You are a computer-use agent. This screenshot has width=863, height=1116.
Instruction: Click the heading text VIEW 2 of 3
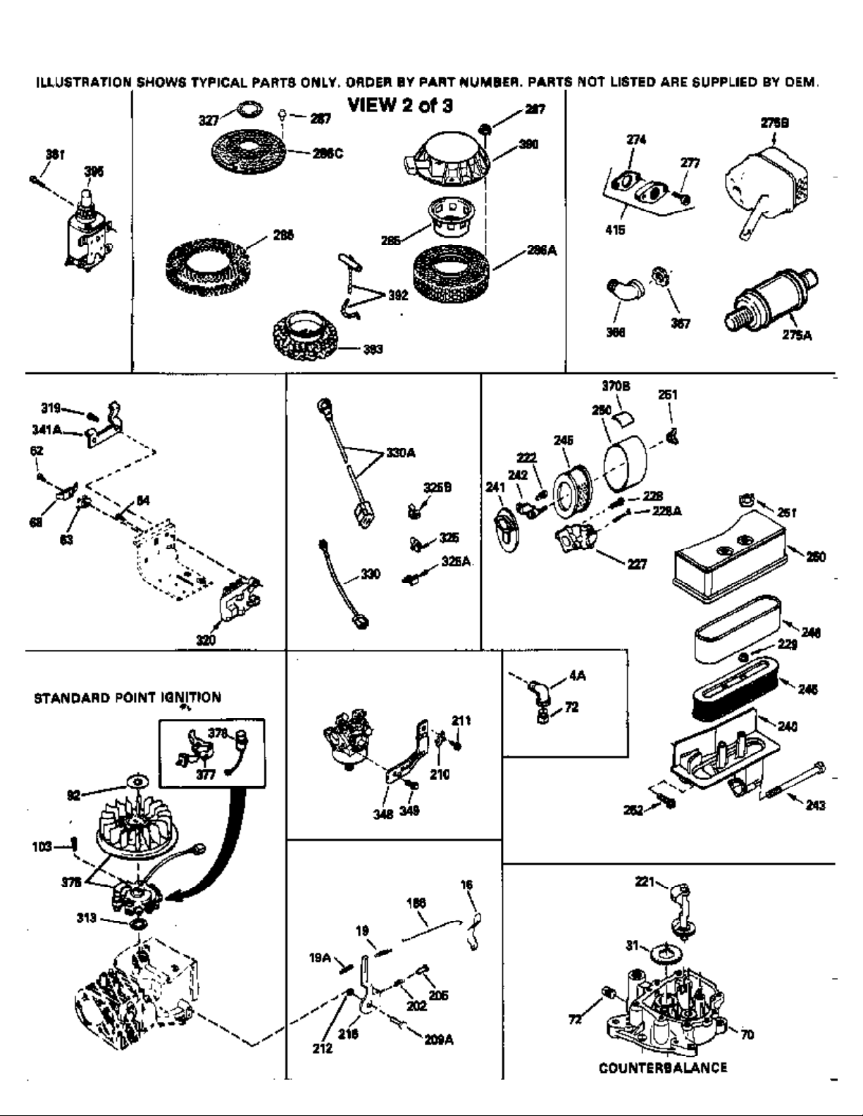point(400,106)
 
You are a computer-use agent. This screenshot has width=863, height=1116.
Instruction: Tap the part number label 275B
point(774,122)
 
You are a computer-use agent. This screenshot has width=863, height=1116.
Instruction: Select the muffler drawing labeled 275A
point(771,300)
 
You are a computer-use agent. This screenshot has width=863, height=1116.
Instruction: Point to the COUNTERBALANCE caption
point(663,1067)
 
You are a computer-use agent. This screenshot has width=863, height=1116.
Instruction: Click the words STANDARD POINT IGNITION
point(128,698)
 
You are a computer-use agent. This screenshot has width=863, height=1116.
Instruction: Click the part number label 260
point(816,557)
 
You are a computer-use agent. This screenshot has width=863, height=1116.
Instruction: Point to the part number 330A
point(400,453)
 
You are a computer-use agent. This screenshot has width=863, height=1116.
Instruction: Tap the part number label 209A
point(438,1039)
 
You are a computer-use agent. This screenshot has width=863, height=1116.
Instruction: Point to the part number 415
point(615,230)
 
